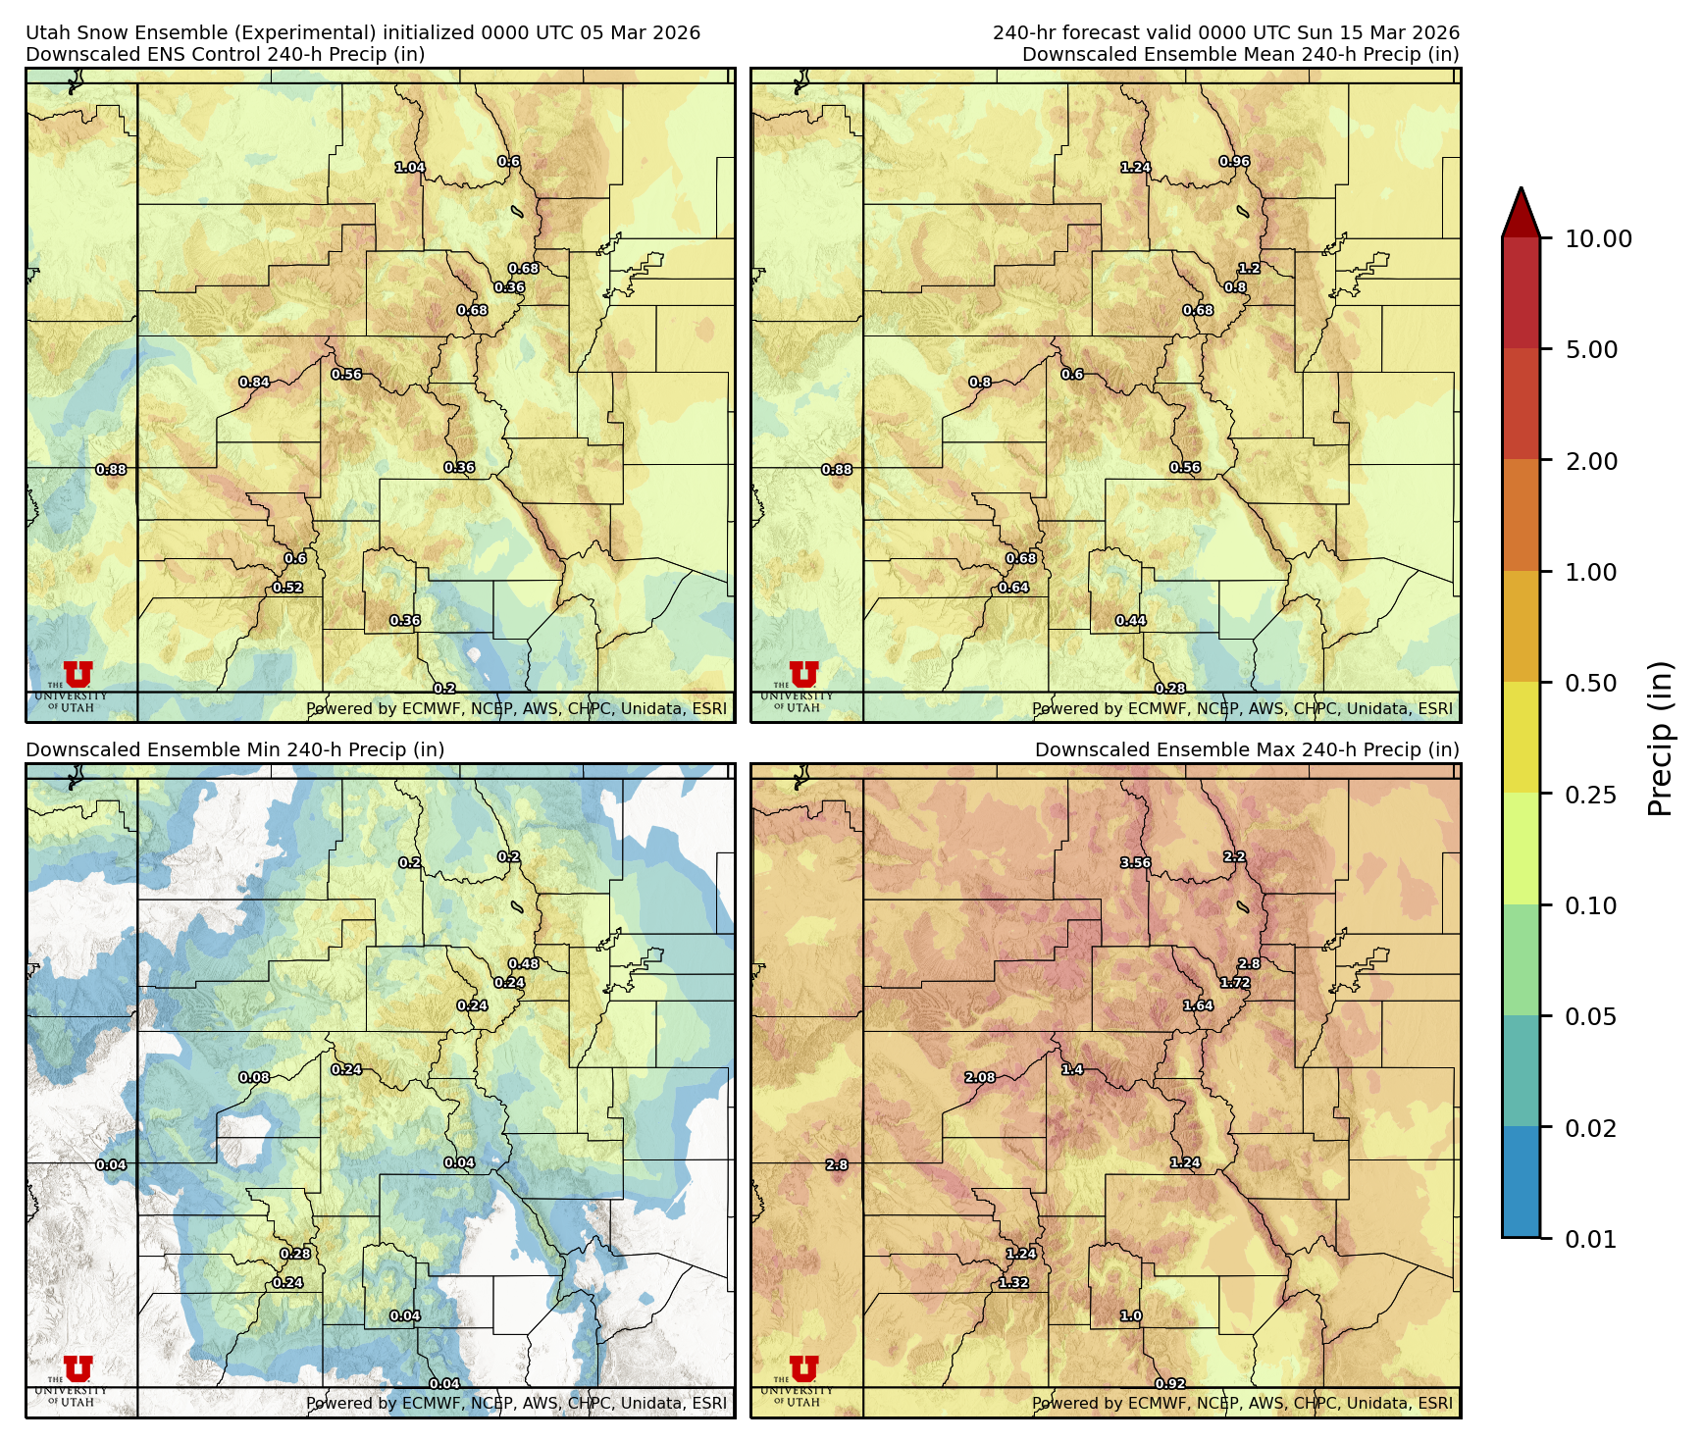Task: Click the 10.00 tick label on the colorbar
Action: click(x=1598, y=238)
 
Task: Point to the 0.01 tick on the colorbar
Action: click(x=1590, y=1239)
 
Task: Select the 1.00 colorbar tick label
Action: click(x=1590, y=572)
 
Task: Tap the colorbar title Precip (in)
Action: click(x=1660, y=739)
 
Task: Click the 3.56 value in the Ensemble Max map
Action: click(x=1135, y=863)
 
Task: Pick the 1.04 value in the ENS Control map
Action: click(x=410, y=168)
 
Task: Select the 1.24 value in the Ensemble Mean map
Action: click(x=1135, y=168)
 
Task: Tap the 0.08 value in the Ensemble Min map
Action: click(x=254, y=1078)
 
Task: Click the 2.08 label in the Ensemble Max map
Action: click(x=979, y=1078)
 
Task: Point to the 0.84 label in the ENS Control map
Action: click(x=254, y=383)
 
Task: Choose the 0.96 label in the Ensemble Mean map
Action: click(x=1234, y=162)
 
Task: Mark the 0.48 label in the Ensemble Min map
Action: click(x=523, y=964)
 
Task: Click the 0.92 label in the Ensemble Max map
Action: click(x=1169, y=1384)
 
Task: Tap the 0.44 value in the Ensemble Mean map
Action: click(x=1130, y=621)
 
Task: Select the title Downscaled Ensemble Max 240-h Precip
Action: click(x=1246, y=749)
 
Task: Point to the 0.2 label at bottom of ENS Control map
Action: click(x=444, y=689)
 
